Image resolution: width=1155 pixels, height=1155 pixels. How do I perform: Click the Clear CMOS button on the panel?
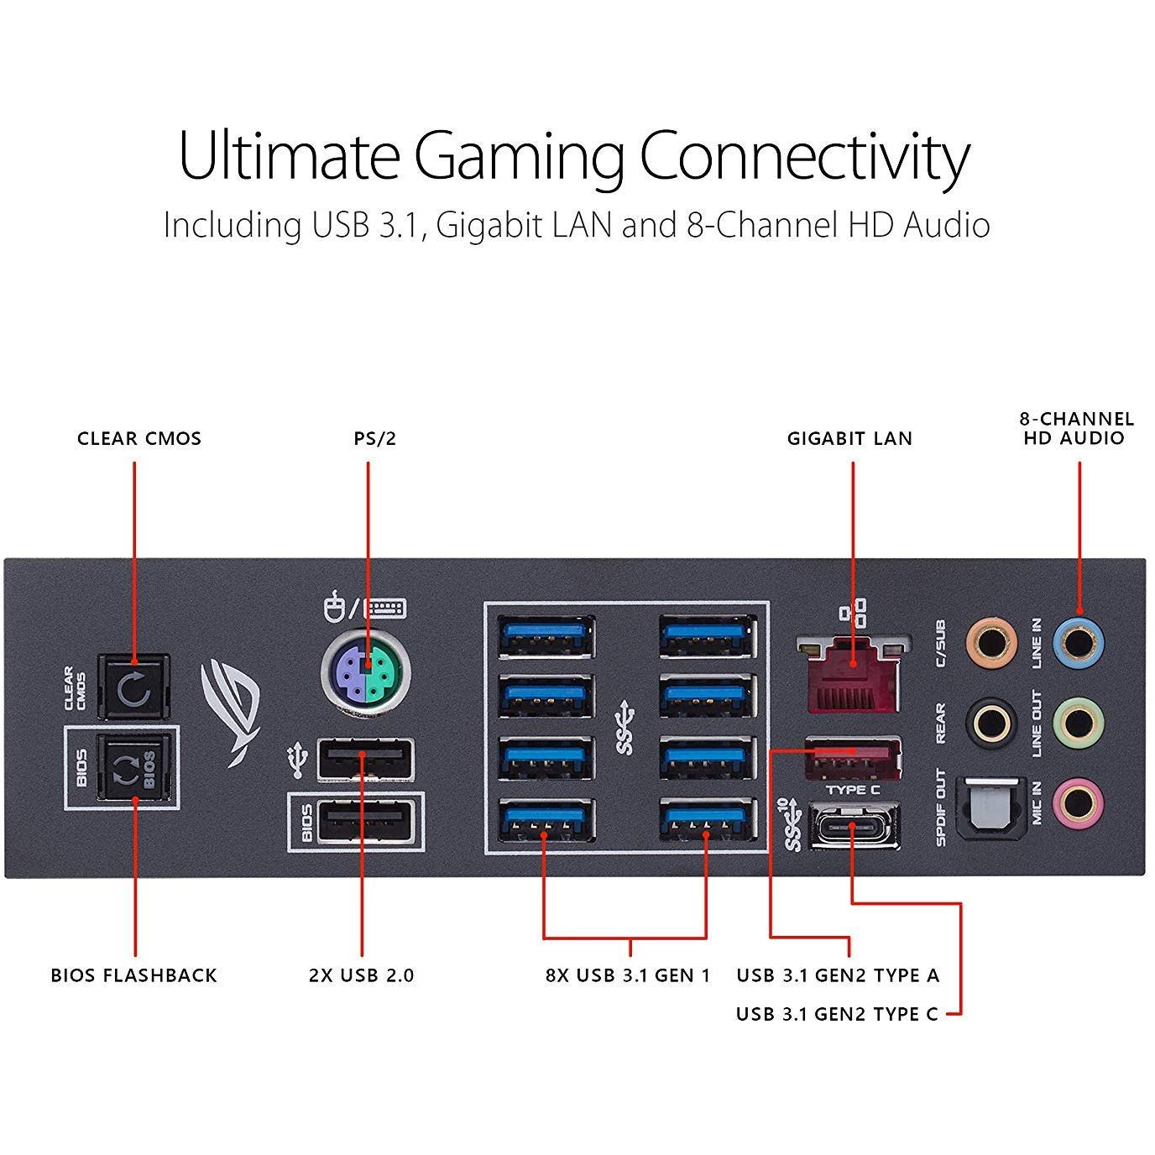click(x=133, y=687)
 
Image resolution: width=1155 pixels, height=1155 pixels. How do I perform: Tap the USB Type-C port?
click(x=854, y=827)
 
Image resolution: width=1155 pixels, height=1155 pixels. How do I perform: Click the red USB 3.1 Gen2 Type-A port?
click(x=854, y=758)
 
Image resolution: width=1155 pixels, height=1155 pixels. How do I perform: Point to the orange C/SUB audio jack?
click(x=991, y=643)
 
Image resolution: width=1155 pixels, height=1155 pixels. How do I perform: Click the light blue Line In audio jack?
click(x=1079, y=643)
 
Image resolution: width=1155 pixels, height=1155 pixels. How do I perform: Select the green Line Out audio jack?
click(x=1079, y=722)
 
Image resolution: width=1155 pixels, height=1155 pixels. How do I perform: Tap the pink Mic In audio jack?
click(x=1079, y=802)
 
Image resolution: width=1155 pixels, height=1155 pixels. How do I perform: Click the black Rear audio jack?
click(x=991, y=722)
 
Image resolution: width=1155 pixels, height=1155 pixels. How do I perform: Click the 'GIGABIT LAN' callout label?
click(x=850, y=439)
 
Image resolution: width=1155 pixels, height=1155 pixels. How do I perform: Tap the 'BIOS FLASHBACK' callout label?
click(x=133, y=975)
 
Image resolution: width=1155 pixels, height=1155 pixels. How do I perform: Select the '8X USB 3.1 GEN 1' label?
click(x=628, y=975)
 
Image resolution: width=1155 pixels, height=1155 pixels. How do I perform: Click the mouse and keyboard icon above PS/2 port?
click(x=364, y=608)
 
